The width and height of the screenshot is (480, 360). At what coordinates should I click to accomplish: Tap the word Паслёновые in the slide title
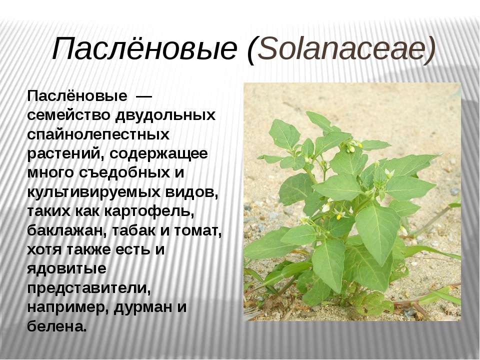tap(145, 48)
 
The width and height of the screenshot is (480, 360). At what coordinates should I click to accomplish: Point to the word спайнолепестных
tap(98, 135)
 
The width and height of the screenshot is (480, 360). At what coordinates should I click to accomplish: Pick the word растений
tap(65, 154)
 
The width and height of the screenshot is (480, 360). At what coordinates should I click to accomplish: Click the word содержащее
tap(159, 154)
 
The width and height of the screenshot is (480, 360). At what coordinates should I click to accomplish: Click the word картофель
tap(149, 211)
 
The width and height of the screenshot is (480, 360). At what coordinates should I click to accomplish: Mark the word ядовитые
tap(66, 269)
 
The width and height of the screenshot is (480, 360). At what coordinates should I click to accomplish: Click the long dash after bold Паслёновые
tap(143, 97)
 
